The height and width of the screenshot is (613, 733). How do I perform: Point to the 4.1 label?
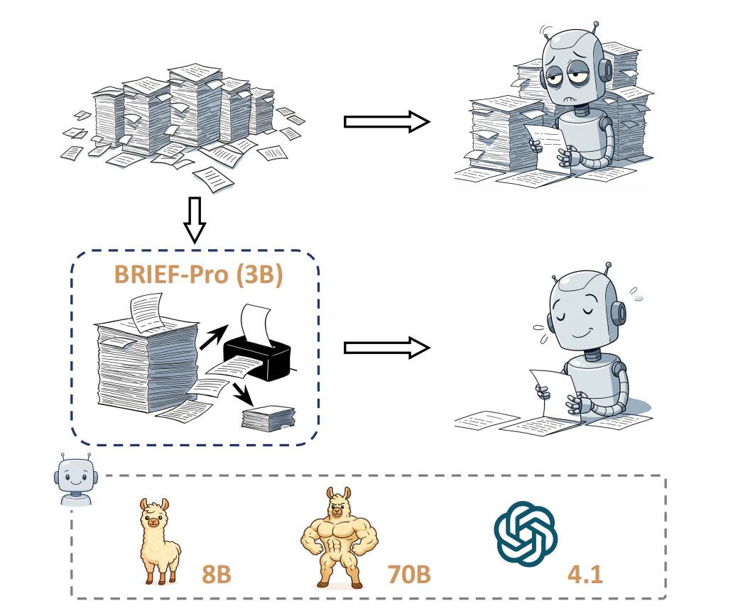585,573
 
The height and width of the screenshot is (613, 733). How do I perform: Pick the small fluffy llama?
158,541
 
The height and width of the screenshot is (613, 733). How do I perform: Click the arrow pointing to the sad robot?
388,121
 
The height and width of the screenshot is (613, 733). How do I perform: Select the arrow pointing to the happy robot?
388,347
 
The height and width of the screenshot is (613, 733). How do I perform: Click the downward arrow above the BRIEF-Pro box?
194,221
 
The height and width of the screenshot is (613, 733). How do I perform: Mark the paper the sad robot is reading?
550,145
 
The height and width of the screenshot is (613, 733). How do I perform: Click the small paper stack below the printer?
268,418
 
